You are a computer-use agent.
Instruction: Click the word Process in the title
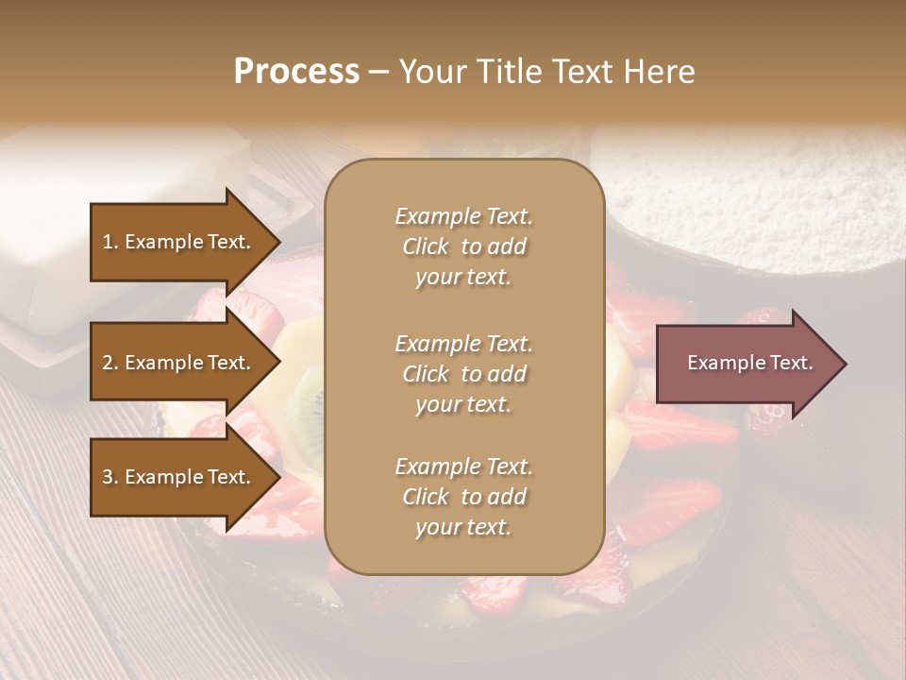(296, 71)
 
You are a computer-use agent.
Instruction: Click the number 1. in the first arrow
(109, 242)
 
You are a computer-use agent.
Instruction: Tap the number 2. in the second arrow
(109, 363)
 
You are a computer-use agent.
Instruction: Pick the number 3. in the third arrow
(109, 477)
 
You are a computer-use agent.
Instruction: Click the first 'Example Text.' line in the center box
(463, 216)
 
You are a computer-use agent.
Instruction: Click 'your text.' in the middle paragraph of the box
(463, 404)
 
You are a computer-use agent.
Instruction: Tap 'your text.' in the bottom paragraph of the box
(463, 528)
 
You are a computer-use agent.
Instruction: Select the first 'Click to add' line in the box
(463, 246)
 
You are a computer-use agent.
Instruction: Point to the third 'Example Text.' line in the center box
(463, 467)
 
